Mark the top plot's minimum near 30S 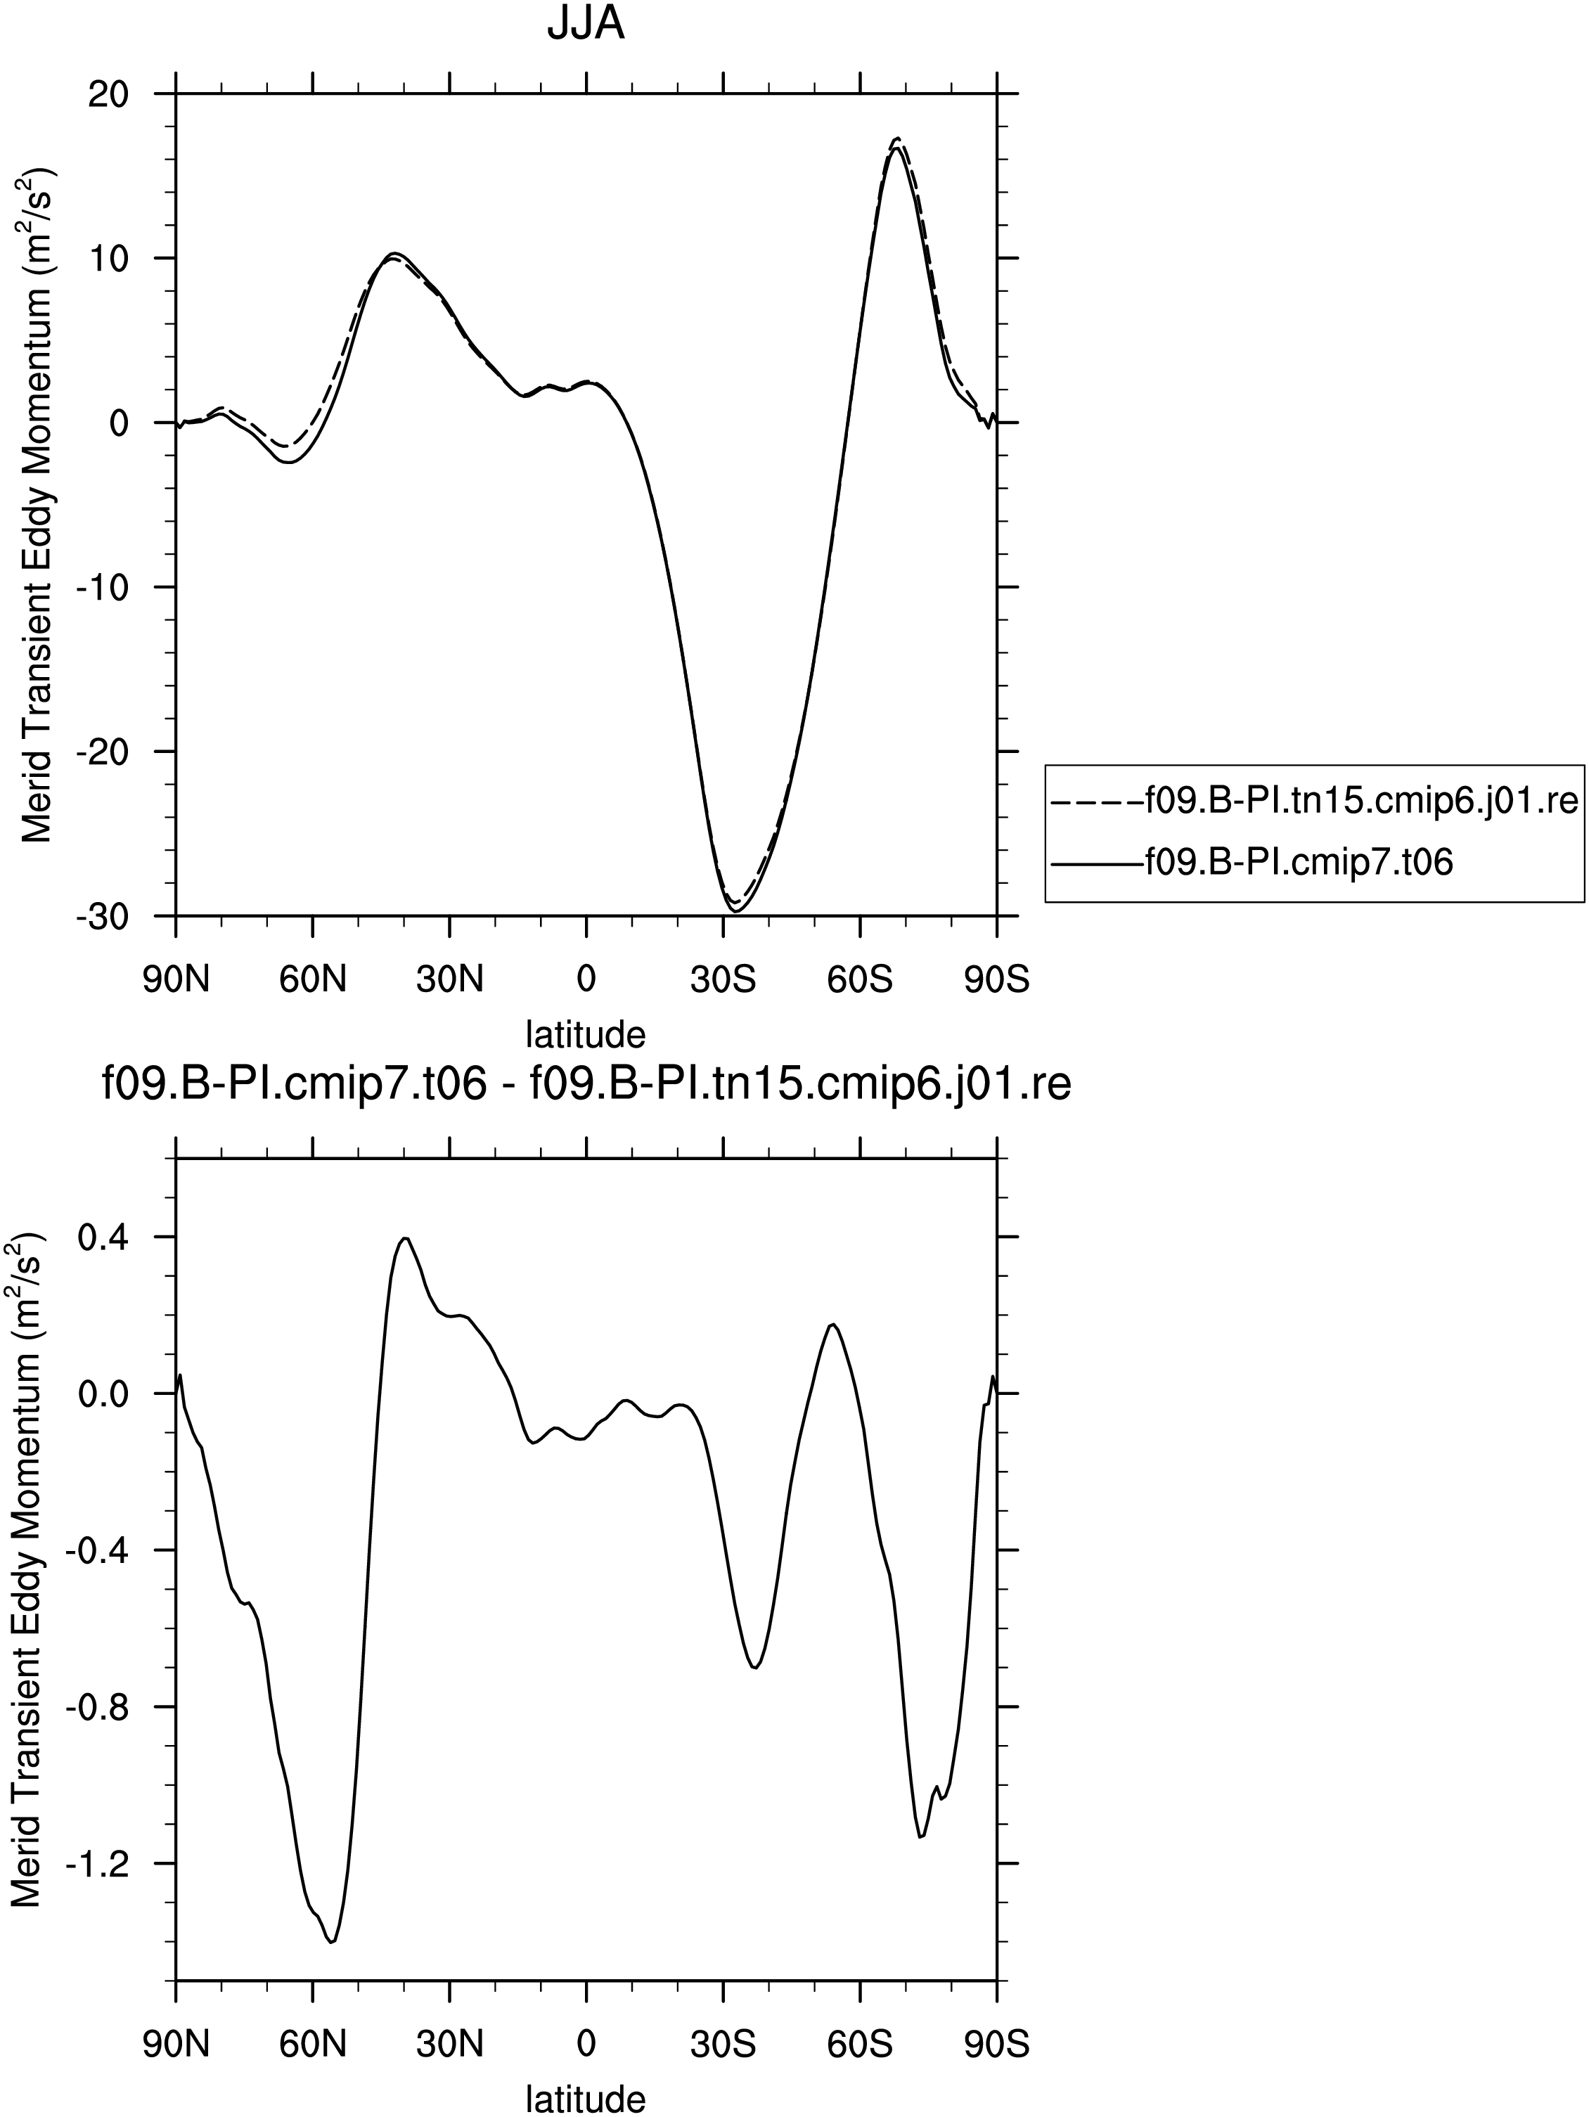tap(737, 911)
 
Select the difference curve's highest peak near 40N tap(406, 1238)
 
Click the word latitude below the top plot tap(586, 1034)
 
